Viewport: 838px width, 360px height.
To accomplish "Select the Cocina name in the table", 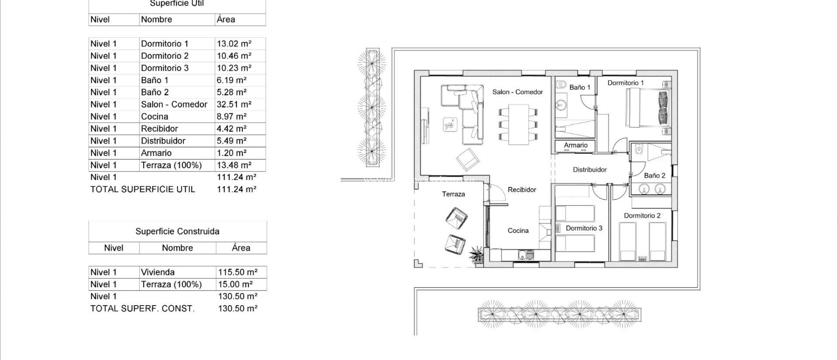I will click(x=154, y=117).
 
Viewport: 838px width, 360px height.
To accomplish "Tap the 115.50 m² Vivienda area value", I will click(x=237, y=272).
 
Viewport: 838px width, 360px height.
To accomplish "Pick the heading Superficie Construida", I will click(x=177, y=232).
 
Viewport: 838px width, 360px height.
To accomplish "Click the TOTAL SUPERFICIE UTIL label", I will click(x=142, y=189).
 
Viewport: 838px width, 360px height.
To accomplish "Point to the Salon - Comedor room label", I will click(x=517, y=92).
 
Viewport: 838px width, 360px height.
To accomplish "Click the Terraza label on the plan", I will click(x=453, y=194).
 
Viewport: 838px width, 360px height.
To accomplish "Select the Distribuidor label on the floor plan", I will click(x=589, y=169).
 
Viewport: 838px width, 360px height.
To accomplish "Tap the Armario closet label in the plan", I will click(x=575, y=145).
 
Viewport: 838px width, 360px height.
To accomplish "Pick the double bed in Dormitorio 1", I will click(x=648, y=108).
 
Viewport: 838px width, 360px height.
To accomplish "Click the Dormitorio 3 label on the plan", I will click(x=583, y=228).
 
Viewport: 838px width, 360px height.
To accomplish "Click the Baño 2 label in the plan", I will click(x=654, y=175).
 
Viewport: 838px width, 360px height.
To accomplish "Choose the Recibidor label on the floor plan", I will click(x=522, y=190).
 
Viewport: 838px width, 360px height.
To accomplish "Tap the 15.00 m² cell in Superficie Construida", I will click(x=235, y=284).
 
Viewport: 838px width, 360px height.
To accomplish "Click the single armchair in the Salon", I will click(x=467, y=160).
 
